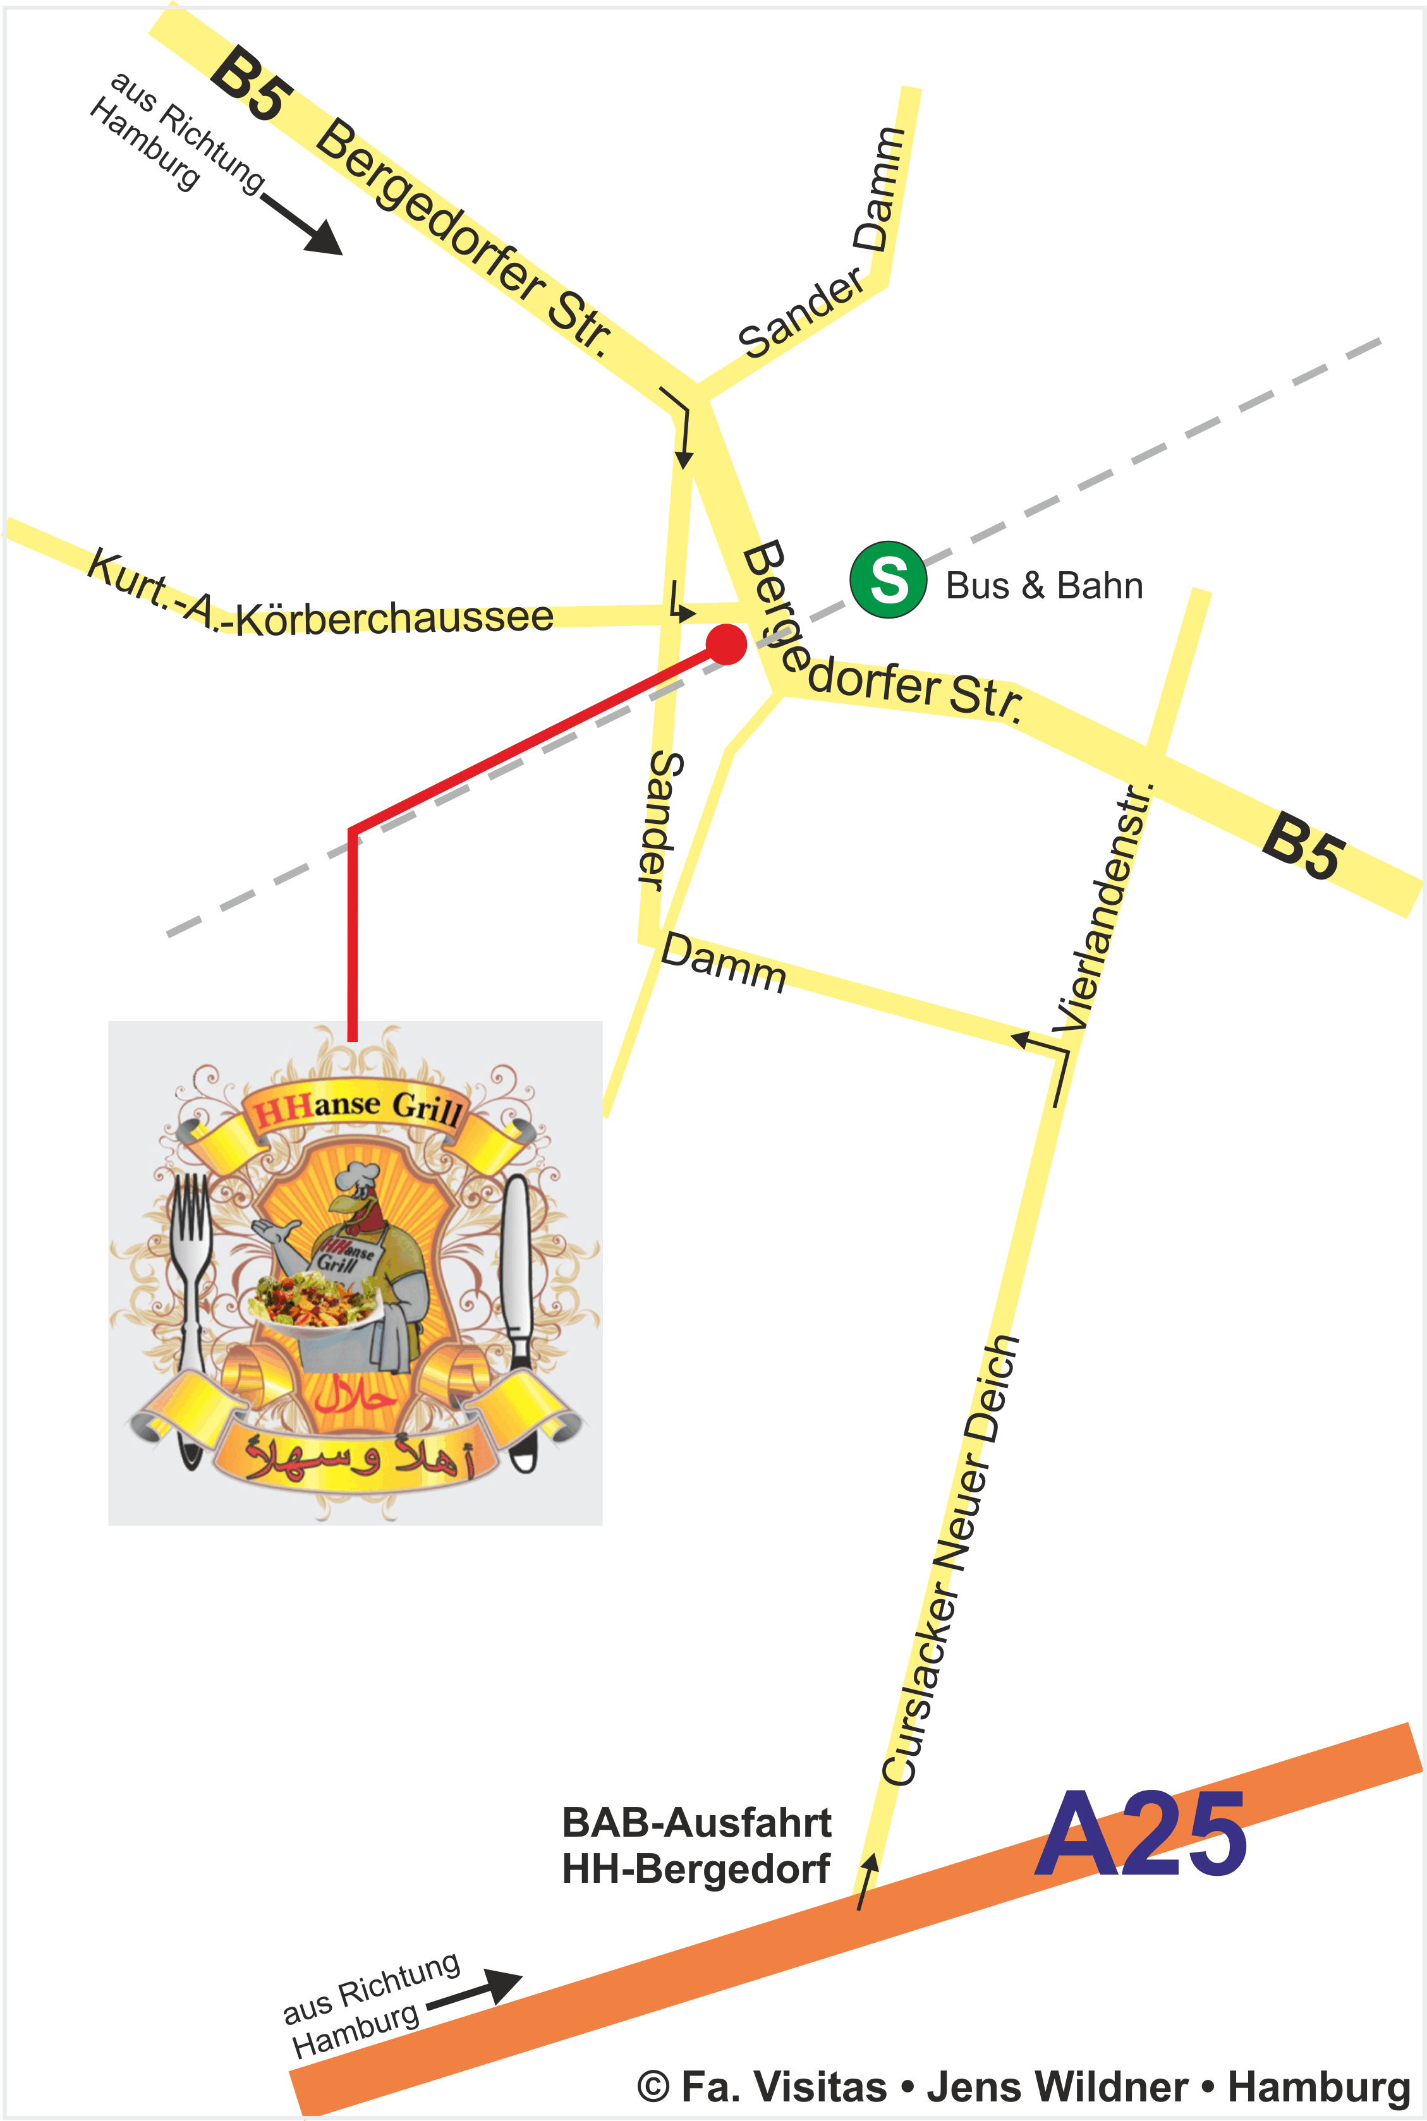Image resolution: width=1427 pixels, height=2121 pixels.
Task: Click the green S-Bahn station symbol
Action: click(x=888, y=579)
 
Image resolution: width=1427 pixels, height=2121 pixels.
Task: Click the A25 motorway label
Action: click(x=1139, y=1834)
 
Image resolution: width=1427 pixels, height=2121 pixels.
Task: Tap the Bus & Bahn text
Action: click(x=1044, y=585)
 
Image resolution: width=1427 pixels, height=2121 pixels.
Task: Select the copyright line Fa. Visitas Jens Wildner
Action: click(x=1024, y=2086)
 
